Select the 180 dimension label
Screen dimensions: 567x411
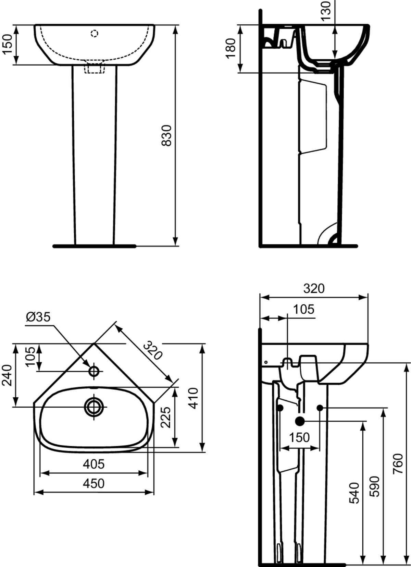tap(231, 48)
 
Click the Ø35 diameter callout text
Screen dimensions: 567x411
tap(38, 317)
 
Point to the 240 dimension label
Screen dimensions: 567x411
tap(8, 375)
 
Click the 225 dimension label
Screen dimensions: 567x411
tap(166, 417)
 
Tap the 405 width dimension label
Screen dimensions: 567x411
tap(94, 464)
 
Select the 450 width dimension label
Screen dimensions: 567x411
tap(94, 483)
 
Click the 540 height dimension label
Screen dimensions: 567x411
tap(355, 493)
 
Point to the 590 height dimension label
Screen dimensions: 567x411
tap(374, 486)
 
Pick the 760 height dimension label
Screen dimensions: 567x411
tap(398, 463)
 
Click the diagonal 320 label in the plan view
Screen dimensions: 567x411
tap(152, 350)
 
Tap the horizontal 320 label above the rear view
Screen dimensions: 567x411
tap(314, 289)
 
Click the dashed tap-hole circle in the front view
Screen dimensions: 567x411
tap(95, 33)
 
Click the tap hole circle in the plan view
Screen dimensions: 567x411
tap(94, 371)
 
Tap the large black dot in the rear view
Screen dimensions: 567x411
tap(300, 421)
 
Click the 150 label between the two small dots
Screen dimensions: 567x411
tap(299, 437)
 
